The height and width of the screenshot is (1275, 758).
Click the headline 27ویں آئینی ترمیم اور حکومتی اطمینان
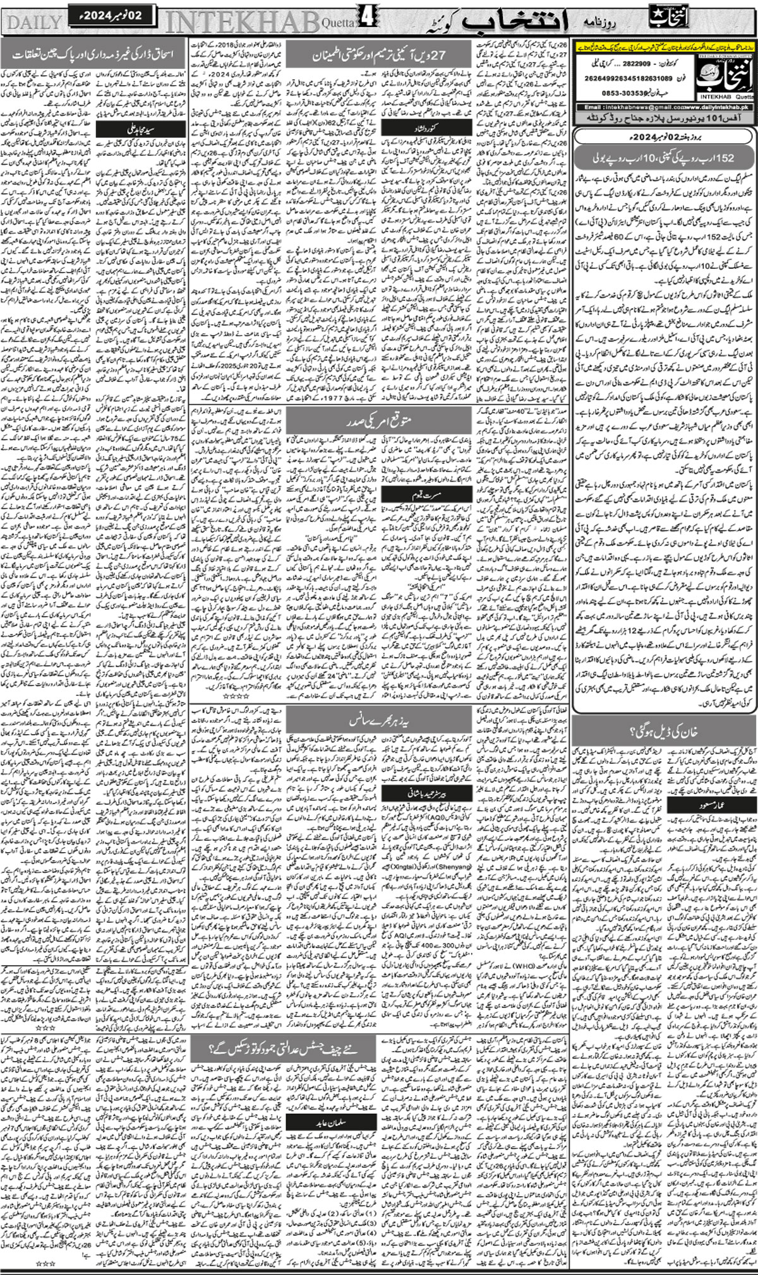[x=380, y=55]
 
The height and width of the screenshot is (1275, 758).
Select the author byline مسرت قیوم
[x=410, y=495]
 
